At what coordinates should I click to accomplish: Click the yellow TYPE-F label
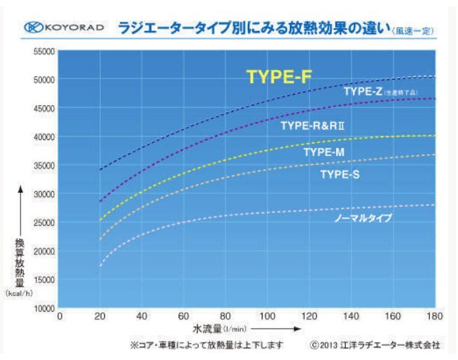click(x=279, y=77)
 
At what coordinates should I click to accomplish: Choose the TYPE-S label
click(x=340, y=174)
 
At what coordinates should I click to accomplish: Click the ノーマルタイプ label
click(x=362, y=219)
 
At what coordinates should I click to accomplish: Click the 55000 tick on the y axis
click(x=43, y=52)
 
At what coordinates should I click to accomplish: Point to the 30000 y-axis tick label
click(x=43, y=194)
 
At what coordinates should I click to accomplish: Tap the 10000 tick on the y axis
click(x=43, y=307)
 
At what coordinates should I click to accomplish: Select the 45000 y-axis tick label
click(x=43, y=109)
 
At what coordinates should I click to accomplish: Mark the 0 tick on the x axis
click(x=60, y=317)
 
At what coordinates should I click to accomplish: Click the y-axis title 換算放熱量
click(x=20, y=265)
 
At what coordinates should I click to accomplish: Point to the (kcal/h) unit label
click(x=19, y=294)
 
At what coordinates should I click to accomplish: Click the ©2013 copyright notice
click(x=375, y=345)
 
